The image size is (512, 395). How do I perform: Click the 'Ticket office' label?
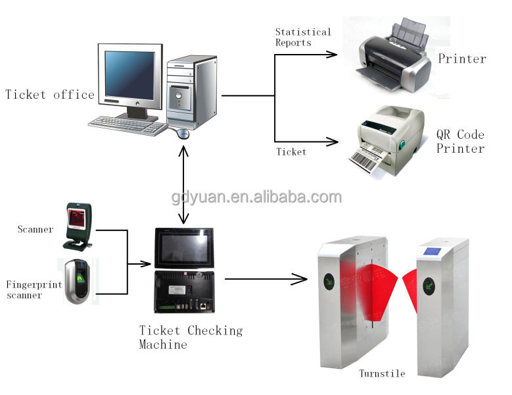(x=50, y=95)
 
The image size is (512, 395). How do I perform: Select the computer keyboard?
(x=128, y=125)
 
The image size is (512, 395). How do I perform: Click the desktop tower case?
(x=191, y=92)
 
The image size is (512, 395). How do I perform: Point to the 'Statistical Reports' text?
(x=302, y=37)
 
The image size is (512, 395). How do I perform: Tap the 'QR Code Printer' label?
(x=461, y=142)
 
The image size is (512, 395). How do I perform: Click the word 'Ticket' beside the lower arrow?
(x=291, y=152)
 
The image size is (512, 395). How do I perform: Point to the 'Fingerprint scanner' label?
(x=33, y=290)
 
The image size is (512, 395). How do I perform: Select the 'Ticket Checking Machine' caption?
(x=191, y=337)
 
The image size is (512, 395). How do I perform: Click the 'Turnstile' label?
(x=382, y=374)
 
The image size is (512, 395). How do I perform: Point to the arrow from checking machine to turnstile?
(x=266, y=279)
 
